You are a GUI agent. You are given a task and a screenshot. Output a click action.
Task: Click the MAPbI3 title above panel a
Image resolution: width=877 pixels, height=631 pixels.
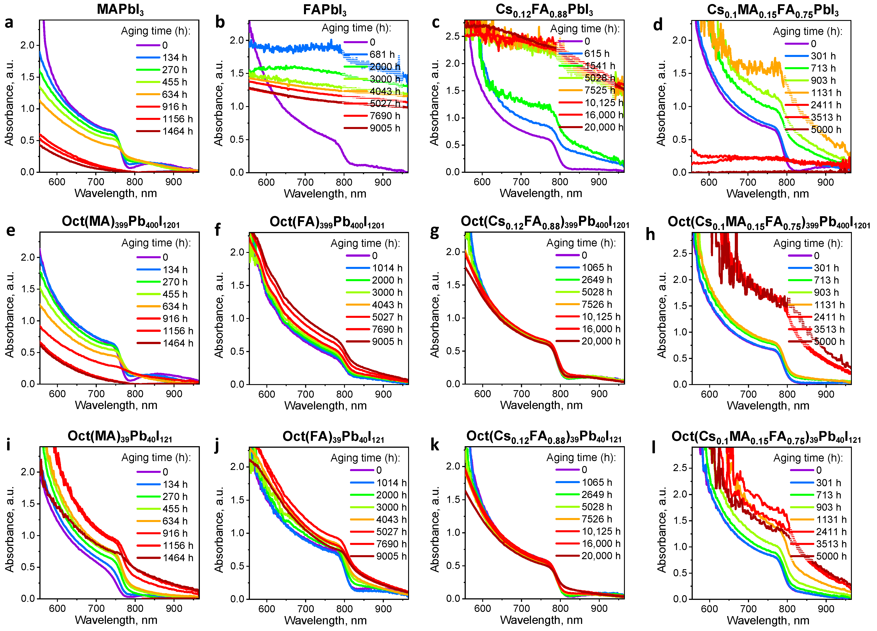click(x=120, y=9)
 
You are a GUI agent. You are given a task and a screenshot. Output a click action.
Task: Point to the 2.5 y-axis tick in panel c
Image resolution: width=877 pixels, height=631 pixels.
click(x=452, y=36)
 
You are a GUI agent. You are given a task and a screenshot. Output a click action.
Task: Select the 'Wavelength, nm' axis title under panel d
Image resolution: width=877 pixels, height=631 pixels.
click(x=767, y=194)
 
